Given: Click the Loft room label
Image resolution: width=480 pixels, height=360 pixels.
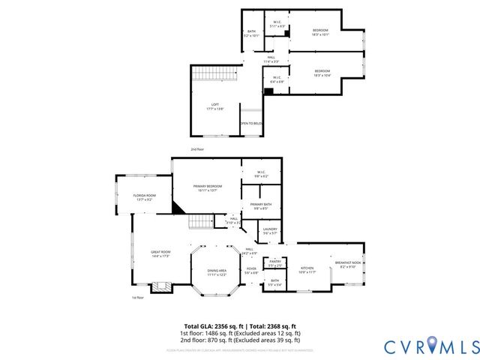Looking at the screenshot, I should coord(215,106).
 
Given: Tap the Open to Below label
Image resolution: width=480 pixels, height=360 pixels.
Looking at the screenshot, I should coord(250,124).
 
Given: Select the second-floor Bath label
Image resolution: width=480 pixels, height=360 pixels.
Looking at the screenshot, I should coord(251,32).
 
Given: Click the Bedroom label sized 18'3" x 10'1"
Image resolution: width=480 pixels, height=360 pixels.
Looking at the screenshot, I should coord(321,31).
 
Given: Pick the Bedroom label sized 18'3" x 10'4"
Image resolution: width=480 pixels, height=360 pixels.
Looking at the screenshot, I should coord(322,73).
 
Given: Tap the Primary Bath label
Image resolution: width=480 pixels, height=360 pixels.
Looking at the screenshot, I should coord(261,206).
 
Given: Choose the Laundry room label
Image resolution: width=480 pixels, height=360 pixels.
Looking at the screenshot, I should coord(270,231).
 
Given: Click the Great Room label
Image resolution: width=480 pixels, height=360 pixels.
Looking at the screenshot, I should coord(161,253).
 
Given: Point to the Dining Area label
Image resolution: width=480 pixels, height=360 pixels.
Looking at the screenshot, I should coord(217,272).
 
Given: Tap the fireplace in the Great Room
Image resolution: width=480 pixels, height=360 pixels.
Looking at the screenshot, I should coord(159,286).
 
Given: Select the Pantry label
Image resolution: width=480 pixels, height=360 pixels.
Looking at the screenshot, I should coord(275,262).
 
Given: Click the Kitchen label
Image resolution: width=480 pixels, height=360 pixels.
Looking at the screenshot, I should coord(307,269).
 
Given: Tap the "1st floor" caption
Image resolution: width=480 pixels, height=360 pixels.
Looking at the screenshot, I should coord(137,298).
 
